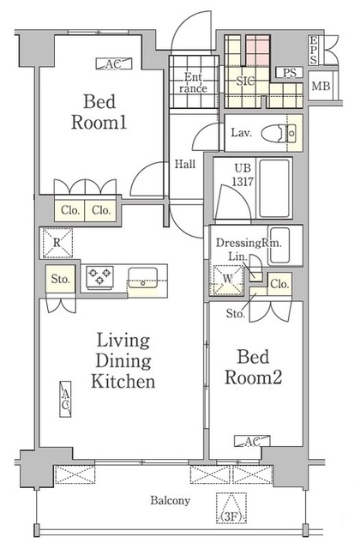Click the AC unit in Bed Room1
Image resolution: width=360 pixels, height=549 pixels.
[x=114, y=63]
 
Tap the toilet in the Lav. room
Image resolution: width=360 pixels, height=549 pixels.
[x=279, y=133]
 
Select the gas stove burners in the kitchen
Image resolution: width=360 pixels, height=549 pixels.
[x=100, y=277]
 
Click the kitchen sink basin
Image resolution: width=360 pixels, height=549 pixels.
[x=143, y=278]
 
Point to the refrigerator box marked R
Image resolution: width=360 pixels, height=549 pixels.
[x=57, y=243]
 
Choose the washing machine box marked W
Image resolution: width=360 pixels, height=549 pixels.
[x=229, y=280]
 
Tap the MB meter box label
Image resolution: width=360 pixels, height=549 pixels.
[x=321, y=86]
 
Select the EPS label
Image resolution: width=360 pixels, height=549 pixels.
[x=313, y=50]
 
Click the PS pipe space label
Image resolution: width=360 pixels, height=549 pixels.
[x=290, y=73]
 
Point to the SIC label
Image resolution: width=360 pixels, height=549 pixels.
[x=246, y=81]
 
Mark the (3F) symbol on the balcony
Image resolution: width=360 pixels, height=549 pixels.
[x=231, y=508]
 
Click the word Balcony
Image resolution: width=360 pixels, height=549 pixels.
[x=171, y=500]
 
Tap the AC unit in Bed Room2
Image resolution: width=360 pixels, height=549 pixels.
[x=252, y=442]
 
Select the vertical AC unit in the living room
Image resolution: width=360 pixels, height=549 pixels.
[x=65, y=399]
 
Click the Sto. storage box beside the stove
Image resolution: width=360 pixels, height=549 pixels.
[x=61, y=279]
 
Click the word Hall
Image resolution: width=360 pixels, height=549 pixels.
[x=185, y=164]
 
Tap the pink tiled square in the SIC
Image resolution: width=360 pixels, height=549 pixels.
[x=258, y=50]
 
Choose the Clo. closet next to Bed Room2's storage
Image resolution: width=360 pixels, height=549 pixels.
[x=279, y=284]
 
